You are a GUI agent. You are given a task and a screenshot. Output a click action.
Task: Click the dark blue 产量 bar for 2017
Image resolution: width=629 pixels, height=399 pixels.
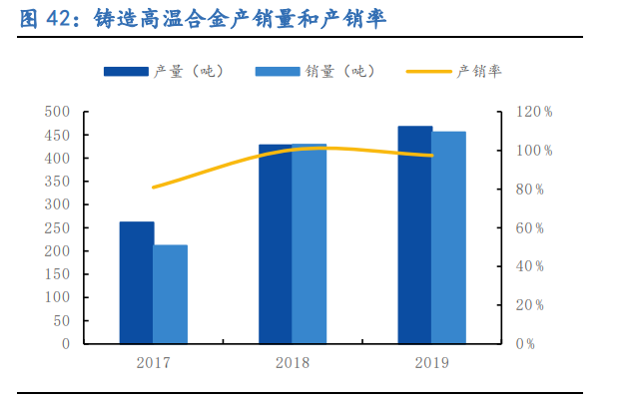coord(137,283)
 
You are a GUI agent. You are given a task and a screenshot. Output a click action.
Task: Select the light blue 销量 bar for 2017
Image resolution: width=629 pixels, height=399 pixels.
coord(171,294)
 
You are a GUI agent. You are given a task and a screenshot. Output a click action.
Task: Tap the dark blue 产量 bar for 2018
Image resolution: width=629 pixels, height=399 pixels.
coord(276,244)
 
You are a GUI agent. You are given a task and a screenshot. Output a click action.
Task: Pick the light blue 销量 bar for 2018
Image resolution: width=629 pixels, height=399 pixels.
coord(310,244)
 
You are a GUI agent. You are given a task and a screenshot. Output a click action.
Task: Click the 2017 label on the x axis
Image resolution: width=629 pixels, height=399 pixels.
coord(154,362)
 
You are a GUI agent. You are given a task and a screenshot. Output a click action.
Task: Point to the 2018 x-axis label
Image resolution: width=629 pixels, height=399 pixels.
coord(293,362)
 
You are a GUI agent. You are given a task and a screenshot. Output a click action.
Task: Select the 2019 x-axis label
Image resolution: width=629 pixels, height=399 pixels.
coord(431,362)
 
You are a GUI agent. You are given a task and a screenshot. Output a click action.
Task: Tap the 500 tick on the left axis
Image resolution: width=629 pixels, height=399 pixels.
coord(58,112)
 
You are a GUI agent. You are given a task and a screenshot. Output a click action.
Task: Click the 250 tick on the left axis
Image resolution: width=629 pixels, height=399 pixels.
coord(58,227)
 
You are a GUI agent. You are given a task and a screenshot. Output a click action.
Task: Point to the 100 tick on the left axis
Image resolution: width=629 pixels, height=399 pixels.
coord(58,297)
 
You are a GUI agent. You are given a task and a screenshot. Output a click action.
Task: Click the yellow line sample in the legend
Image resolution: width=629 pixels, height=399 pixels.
coord(429,71)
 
